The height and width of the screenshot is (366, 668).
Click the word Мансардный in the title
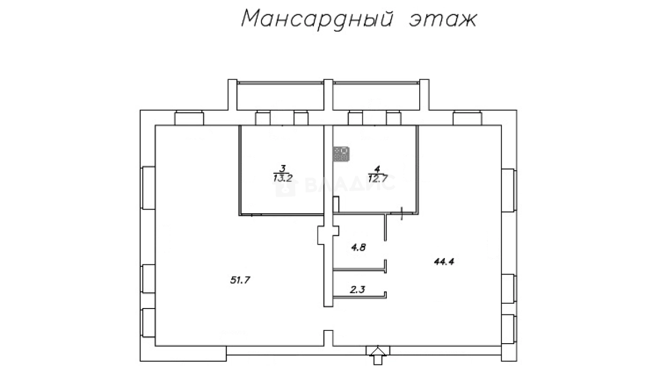317,19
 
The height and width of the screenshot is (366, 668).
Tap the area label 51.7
240,279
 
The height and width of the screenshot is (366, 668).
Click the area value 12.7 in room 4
377,178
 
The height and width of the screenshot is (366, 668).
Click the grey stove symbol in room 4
340,154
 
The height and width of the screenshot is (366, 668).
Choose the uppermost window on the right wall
509,190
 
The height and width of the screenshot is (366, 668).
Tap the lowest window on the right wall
509,330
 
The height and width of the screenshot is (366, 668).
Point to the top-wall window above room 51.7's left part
190,118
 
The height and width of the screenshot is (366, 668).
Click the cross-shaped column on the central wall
328,235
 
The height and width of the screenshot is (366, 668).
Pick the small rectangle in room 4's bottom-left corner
336,205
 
